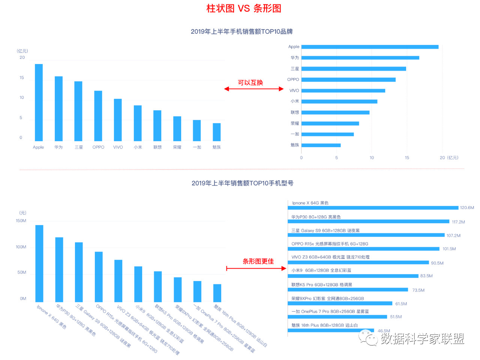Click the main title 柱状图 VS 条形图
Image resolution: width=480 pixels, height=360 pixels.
point(244,9)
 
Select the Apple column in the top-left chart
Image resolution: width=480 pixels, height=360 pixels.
point(39,102)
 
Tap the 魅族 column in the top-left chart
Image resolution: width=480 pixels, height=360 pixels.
point(217,132)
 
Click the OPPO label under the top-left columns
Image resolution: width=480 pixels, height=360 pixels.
point(98,147)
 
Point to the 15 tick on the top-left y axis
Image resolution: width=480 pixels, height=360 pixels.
point(22,78)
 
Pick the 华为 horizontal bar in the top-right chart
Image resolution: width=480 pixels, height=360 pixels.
point(360,58)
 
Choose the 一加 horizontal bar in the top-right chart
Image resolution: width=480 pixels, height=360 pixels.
point(327,134)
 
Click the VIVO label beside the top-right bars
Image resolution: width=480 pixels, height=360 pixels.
point(294,91)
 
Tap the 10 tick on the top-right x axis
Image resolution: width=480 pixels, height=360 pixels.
point(372,158)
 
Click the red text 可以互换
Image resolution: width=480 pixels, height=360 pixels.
point(250,83)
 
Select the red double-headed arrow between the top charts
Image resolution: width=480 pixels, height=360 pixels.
point(254,89)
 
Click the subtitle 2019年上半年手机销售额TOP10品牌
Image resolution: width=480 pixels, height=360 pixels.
point(241,32)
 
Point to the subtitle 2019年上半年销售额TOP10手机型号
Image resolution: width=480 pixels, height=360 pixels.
point(242,183)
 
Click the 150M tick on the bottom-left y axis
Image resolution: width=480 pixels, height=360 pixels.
point(21,221)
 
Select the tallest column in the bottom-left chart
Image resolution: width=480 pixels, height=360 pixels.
point(39,263)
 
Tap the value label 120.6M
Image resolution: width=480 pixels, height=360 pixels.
point(467,208)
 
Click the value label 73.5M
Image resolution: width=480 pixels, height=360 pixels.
point(418,290)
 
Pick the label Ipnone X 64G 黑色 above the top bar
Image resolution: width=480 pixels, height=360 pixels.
point(310,203)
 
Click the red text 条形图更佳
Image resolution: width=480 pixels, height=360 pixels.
point(258,261)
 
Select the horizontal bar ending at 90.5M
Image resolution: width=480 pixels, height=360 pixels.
point(358,263)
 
